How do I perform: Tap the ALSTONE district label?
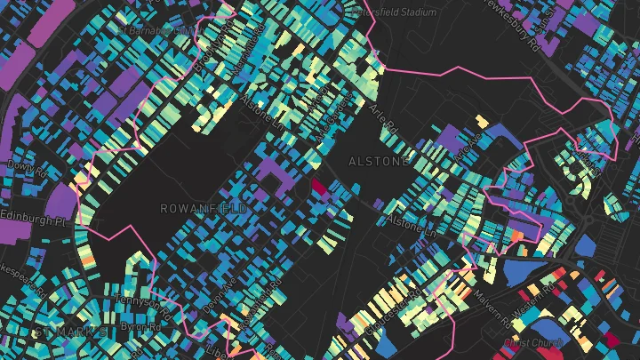(x=380, y=162)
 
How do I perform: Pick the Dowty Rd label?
(x=20, y=165)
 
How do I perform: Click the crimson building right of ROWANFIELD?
(x=317, y=187)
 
